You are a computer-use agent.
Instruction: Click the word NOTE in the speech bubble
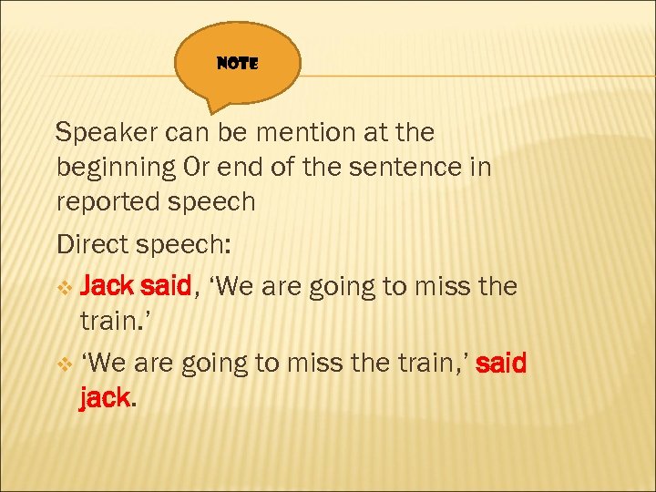(239, 64)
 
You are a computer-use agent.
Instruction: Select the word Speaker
(108, 133)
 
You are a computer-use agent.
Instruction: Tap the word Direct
(96, 245)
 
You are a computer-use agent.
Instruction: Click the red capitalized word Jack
(107, 287)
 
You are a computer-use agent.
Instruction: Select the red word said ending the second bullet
(500, 364)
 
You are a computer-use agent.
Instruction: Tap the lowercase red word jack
(102, 399)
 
